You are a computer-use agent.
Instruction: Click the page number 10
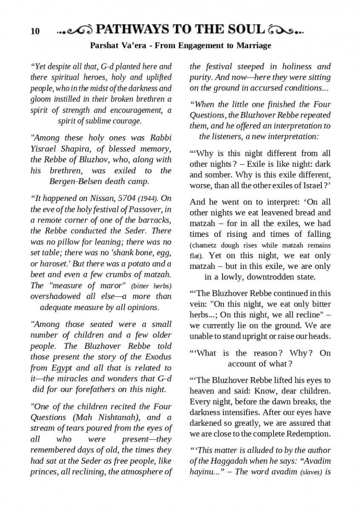[x=35, y=31]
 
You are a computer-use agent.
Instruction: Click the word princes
[x=43, y=471]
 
